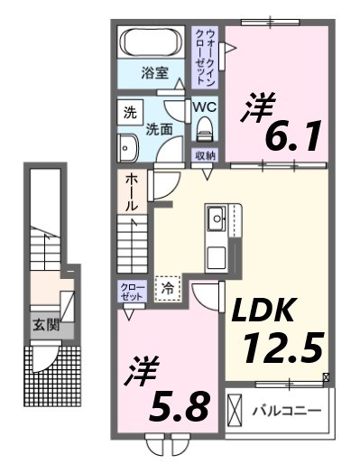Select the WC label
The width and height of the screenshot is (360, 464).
point(205,107)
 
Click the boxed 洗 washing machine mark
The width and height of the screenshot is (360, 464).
point(130,115)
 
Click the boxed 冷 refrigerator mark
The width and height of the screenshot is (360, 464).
point(168,288)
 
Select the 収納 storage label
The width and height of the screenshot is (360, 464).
point(206,155)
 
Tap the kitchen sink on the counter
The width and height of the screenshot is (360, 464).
point(217,218)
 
